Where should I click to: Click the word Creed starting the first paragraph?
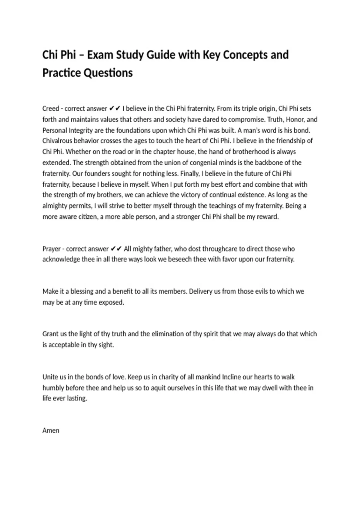pos(51,109)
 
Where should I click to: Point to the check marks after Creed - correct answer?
pos(115,109)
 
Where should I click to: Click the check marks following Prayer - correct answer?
pos(116,249)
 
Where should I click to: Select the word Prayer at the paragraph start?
pos(52,249)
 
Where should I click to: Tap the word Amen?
pos(51,430)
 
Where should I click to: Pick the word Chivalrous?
pos(57,141)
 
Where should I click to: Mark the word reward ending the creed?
pos(267,217)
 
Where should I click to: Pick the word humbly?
pos(53,388)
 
